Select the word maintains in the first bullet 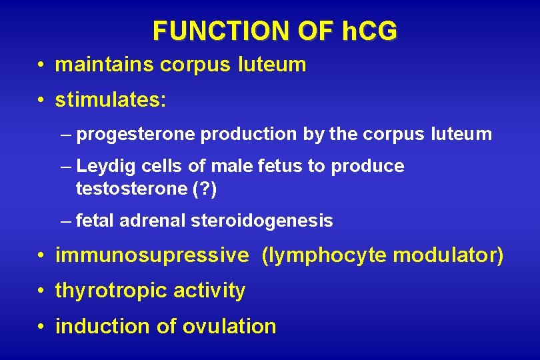point(105,65)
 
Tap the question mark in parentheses point(203,189)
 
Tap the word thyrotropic point(111,291)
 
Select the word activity point(209,291)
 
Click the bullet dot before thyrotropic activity point(41,291)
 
